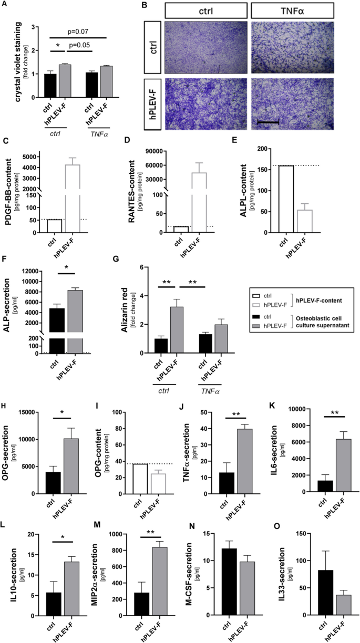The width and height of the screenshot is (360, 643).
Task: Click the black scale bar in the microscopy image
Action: (268, 122)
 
